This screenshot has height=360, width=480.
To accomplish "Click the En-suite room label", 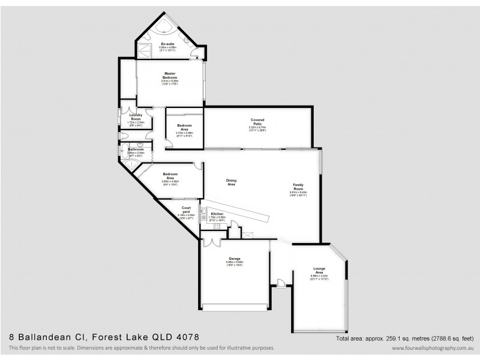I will [x=167, y=44].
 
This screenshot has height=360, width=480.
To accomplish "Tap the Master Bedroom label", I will [x=170, y=76].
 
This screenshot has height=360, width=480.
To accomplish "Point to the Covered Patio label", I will [x=257, y=122].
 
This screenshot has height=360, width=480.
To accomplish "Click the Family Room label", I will [x=298, y=187].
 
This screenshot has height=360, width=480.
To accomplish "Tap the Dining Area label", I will [x=231, y=182].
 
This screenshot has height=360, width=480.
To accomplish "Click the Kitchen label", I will [x=217, y=214].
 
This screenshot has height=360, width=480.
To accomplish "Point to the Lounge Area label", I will [x=319, y=269].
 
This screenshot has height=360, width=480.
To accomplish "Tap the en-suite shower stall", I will [x=145, y=49].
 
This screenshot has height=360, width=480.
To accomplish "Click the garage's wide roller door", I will [x=235, y=308].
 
